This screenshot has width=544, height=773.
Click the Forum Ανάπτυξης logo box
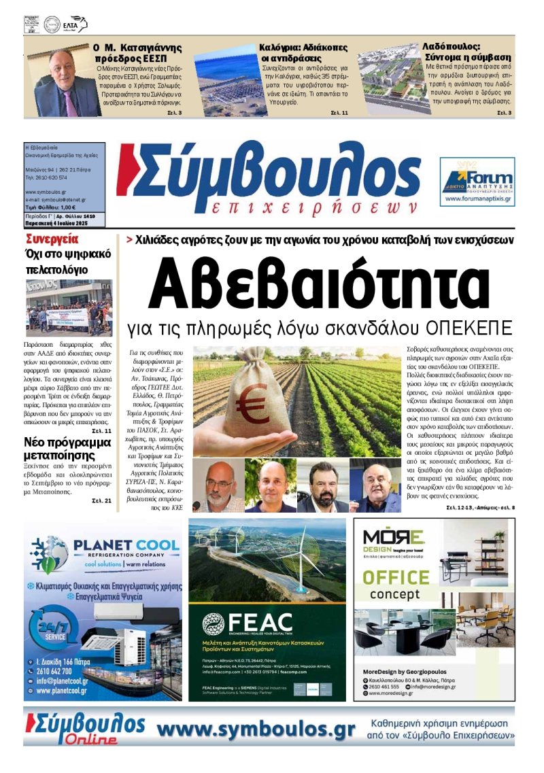(x=477, y=182)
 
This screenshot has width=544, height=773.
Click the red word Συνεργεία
(x=52, y=239)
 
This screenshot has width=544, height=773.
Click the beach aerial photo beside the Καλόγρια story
(x=225, y=80)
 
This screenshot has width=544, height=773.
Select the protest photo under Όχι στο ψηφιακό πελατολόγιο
(x=69, y=307)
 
